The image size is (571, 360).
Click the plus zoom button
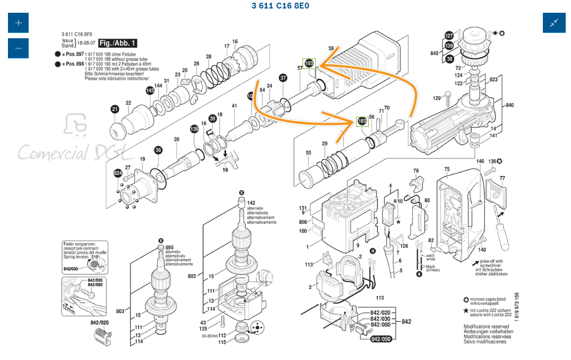pyautogui.click(x=19, y=23)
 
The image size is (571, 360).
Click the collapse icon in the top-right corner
pyautogui.click(x=553, y=23)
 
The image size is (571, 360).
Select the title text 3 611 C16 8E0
pyautogui.click(x=280, y=6)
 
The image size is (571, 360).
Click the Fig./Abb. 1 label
pyautogui.click(x=117, y=43)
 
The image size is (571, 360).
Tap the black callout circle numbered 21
pyautogui.click(x=115, y=109)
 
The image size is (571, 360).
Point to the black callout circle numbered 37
pyautogui.click(x=283, y=78)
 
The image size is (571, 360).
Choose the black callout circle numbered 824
pyautogui.click(x=118, y=173)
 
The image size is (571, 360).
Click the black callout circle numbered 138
pyautogui.click(x=195, y=128)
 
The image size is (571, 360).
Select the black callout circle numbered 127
pyautogui.click(x=449, y=36)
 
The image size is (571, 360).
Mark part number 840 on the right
pyautogui.click(x=509, y=105)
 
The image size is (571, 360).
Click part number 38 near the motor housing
pyautogui.click(x=331, y=48)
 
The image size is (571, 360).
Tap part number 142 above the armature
pyautogui.click(x=251, y=203)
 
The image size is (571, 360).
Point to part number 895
pyautogui.click(x=169, y=247)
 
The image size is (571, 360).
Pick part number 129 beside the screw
pyautogui.click(x=437, y=98)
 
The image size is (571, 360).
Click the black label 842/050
pyautogui.click(x=380, y=339)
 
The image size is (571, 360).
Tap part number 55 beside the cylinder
pyautogui.click(x=308, y=153)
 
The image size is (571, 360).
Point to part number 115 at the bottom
pyautogui.click(x=222, y=341)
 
